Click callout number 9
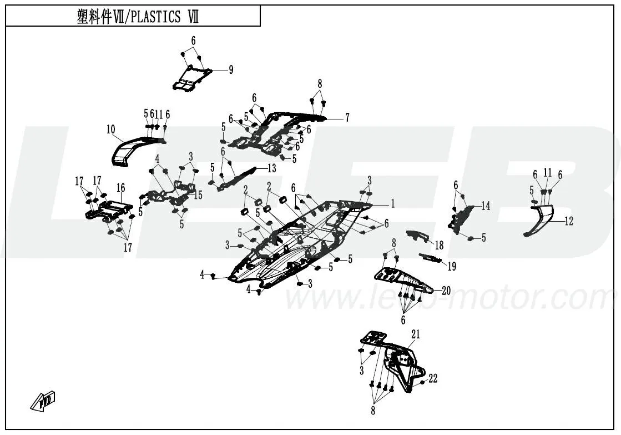230,70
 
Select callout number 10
110,130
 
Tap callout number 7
347,118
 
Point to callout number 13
271,168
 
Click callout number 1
392,204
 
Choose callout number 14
486,206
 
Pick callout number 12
568,222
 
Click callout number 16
120,187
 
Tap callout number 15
198,195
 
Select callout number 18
439,245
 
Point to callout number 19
452,267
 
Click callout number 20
446,290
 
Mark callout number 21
416,334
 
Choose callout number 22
433,379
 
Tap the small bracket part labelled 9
191,78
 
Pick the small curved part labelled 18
417,236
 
